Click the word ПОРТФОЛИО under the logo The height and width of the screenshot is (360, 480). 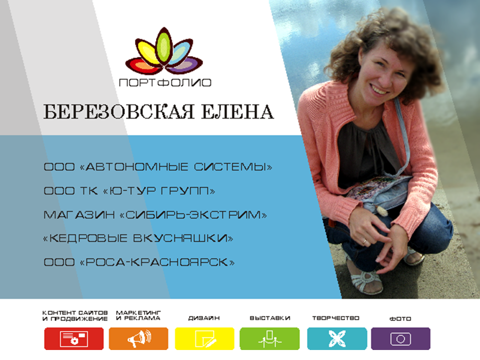tap(165, 82)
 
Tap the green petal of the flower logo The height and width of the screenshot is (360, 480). tap(164, 46)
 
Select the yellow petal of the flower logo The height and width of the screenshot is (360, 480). tap(147, 52)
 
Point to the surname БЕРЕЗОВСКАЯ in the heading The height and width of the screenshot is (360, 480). tap(119, 111)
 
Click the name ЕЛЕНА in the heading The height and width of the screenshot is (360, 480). tap(237, 111)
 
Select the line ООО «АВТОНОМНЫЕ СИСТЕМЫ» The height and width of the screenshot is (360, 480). tap(158, 167)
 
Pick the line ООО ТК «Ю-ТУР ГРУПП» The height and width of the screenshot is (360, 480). tap(129, 191)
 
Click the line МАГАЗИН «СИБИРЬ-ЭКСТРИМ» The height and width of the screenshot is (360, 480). tap(155, 215)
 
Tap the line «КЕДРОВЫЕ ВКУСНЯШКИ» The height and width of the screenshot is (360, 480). tap(138, 238)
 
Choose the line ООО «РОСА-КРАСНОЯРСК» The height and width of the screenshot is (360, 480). tap(139, 262)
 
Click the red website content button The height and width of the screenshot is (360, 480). tap(74, 338)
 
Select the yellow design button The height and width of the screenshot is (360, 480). tap(204, 338)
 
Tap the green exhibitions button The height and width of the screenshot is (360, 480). tap(269, 338)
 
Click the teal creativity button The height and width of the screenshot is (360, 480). tap(336, 338)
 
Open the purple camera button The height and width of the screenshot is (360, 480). tap(400, 338)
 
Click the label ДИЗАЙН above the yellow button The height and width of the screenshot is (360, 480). tap(204, 318)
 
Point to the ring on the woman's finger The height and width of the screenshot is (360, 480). tap(364, 242)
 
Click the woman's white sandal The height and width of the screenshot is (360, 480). tap(366, 281)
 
